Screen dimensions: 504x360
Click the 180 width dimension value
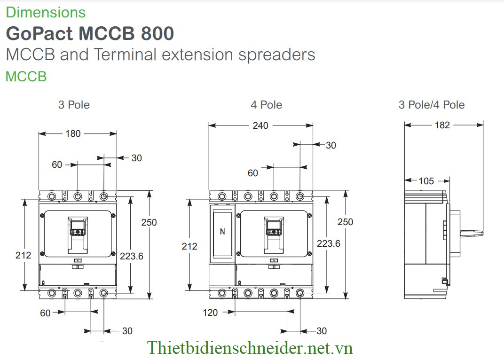tap(73, 133)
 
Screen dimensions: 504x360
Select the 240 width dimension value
tap(260, 125)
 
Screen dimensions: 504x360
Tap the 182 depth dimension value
tap(442, 125)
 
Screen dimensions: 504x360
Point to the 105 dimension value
tap(426, 181)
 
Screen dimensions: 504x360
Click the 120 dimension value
tap(210, 313)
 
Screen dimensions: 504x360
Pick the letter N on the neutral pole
tap(222, 231)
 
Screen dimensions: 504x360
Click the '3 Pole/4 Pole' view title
tap(432, 105)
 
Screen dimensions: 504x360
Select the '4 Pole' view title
tap(267, 105)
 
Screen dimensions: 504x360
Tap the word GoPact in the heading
tap(39, 33)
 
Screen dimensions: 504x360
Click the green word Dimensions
tap(46, 12)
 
